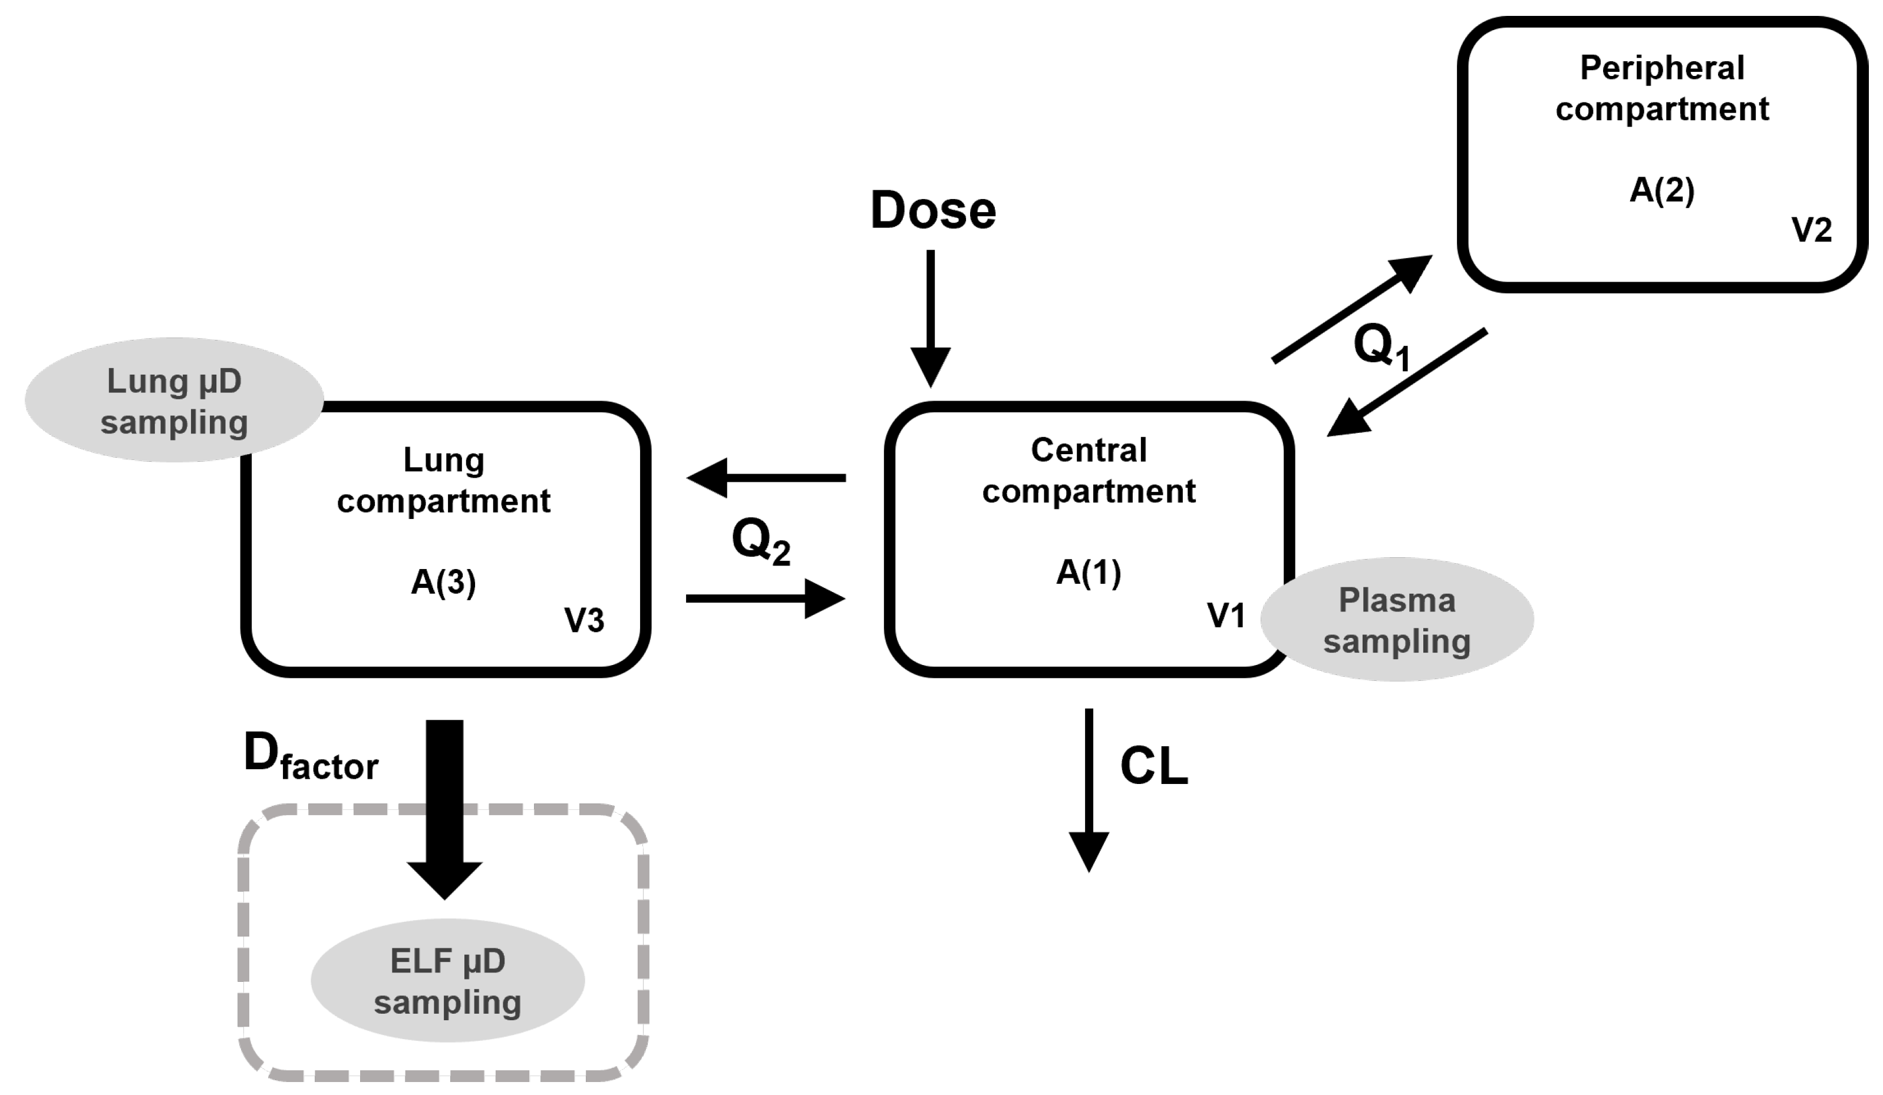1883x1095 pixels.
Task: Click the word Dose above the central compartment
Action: click(x=932, y=211)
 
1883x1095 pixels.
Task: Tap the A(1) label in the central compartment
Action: click(x=1088, y=573)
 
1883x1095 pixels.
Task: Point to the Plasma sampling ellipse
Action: click(x=1397, y=620)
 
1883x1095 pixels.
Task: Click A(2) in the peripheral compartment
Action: click(x=1662, y=190)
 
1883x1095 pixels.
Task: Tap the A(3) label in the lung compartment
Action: click(x=443, y=582)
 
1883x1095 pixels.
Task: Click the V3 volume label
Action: click(x=583, y=620)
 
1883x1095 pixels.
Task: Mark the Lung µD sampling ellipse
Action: click(x=173, y=401)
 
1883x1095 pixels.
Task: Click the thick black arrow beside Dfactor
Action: click(x=444, y=807)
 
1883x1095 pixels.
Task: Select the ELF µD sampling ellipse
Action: click(x=447, y=981)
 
